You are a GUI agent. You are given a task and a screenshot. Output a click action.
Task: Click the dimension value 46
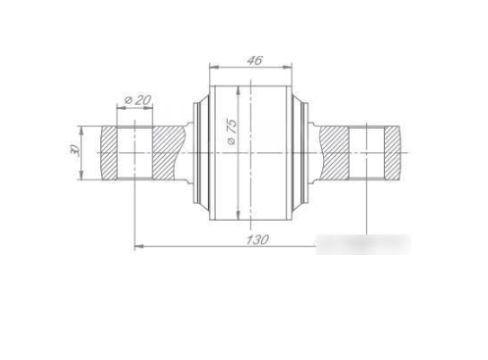click(254, 61)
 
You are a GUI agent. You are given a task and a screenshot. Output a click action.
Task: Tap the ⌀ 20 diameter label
click(138, 100)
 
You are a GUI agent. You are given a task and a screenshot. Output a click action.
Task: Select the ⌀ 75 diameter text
click(232, 131)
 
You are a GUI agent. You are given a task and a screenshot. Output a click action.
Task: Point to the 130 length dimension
click(257, 239)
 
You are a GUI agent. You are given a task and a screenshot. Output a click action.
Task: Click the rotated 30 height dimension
click(75, 149)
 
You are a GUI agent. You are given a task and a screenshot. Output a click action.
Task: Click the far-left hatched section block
click(109, 153)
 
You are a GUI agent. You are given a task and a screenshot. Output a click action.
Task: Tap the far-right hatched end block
click(393, 153)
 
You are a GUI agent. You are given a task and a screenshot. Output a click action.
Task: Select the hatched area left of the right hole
click(334, 153)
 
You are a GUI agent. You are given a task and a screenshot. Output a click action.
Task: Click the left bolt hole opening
click(135, 153)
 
